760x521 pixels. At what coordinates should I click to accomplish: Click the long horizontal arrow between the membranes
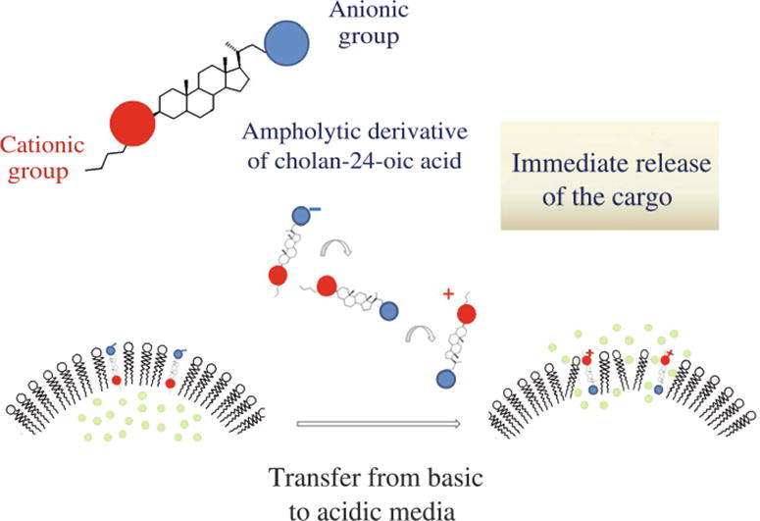(x=378, y=425)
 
